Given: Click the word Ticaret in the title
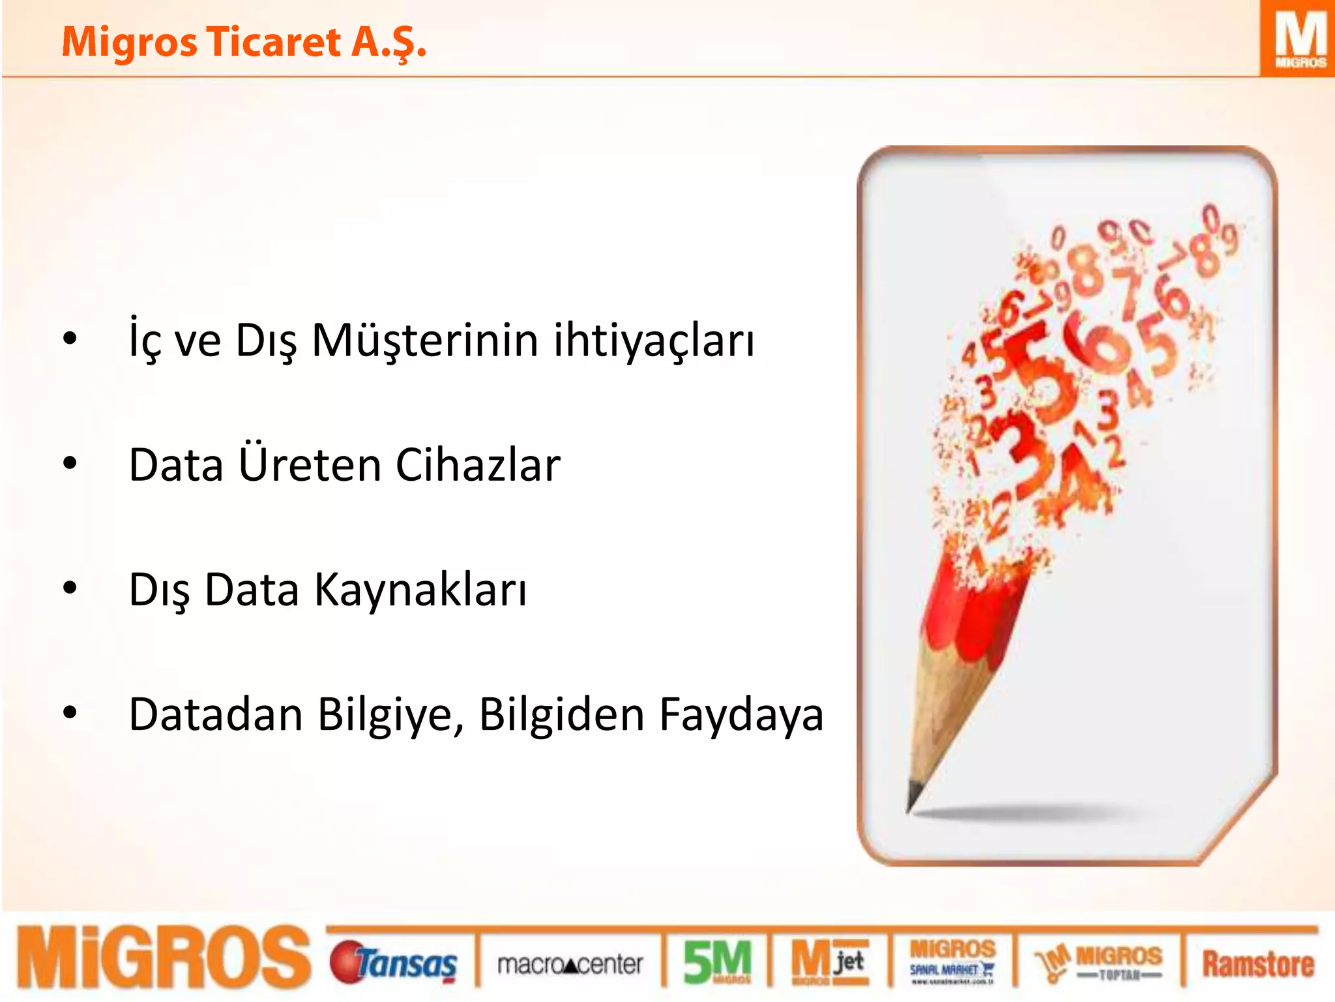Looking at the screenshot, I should click(x=274, y=42).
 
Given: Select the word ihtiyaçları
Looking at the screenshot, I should click(x=654, y=341).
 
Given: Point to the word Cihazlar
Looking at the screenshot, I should click(x=478, y=465).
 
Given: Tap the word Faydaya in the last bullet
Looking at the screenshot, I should click(x=741, y=715).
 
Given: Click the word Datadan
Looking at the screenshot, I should click(x=216, y=715).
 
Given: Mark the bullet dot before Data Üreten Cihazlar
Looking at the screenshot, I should click(x=70, y=464).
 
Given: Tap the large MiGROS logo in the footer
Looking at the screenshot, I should click(x=163, y=958).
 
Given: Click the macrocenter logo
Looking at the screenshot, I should click(x=570, y=964).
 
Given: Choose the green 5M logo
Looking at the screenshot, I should click(x=717, y=962).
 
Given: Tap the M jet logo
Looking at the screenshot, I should click(x=829, y=962).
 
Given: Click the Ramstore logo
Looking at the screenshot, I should click(x=1257, y=964).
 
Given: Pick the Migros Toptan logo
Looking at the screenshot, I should click(x=1099, y=963).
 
